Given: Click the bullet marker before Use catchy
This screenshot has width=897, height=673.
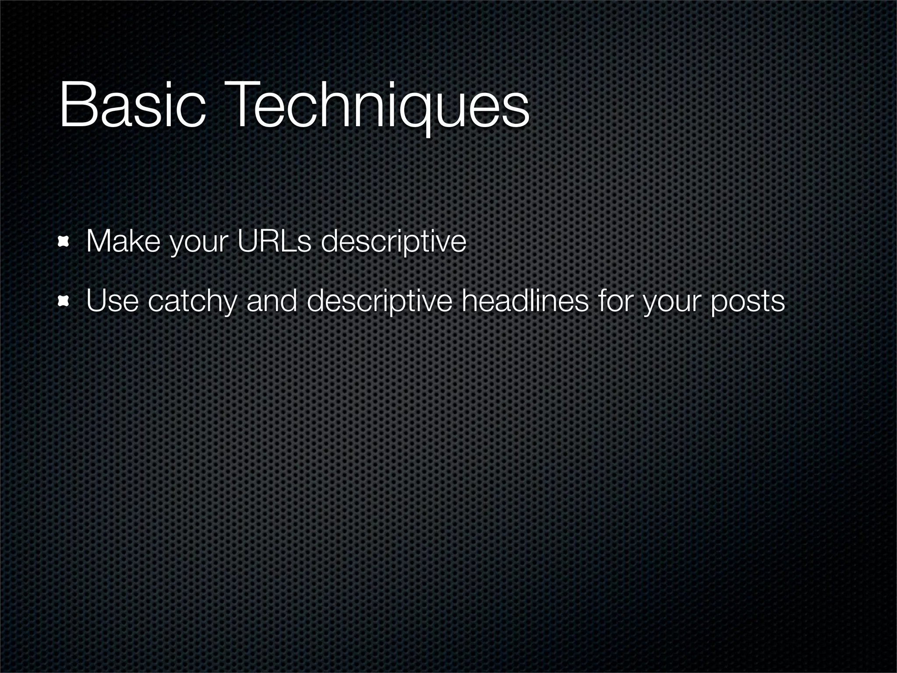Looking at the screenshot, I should [65, 301].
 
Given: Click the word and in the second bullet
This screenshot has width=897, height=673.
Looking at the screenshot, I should [272, 301].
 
